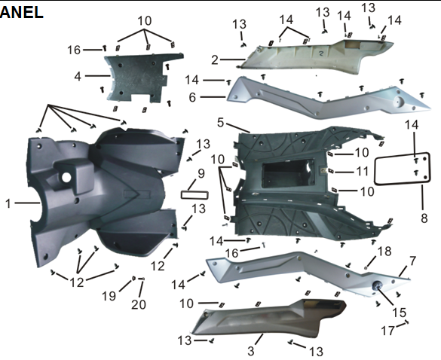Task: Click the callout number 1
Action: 8,204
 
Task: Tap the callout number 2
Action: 215,59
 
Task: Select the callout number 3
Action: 251,351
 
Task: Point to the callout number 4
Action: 78,76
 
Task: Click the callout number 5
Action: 220,123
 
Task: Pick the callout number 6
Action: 192,97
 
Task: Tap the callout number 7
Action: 412,261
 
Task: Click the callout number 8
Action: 424,218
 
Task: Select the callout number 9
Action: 201,174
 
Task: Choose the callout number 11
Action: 362,172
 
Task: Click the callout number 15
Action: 400,313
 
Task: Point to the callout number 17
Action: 388,331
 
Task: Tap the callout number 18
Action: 384,252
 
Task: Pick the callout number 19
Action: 109,296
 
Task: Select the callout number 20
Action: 139,304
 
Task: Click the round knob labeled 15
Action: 377,286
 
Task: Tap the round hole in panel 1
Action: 66,177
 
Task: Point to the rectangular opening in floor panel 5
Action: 288,174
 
